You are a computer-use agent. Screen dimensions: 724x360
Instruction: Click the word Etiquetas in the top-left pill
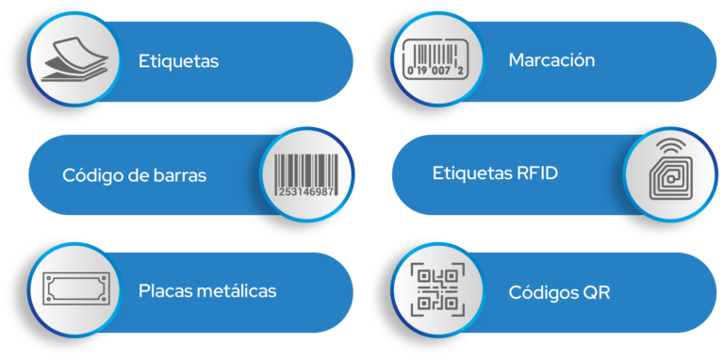tap(178, 62)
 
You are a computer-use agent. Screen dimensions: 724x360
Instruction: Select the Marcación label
tap(551, 60)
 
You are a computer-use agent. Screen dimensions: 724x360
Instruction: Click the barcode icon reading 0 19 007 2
tap(433, 59)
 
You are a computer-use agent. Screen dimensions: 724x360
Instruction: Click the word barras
tap(180, 175)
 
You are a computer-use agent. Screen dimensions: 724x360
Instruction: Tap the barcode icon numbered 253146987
tap(304, 174)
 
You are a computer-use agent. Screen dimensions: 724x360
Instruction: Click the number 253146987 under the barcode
tap(305, 191)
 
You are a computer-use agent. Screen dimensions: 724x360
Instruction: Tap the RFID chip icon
tap(670, 179)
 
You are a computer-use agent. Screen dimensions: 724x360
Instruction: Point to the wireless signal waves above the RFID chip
tap(670, 147)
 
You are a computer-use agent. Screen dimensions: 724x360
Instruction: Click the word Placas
tap(165, 290)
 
